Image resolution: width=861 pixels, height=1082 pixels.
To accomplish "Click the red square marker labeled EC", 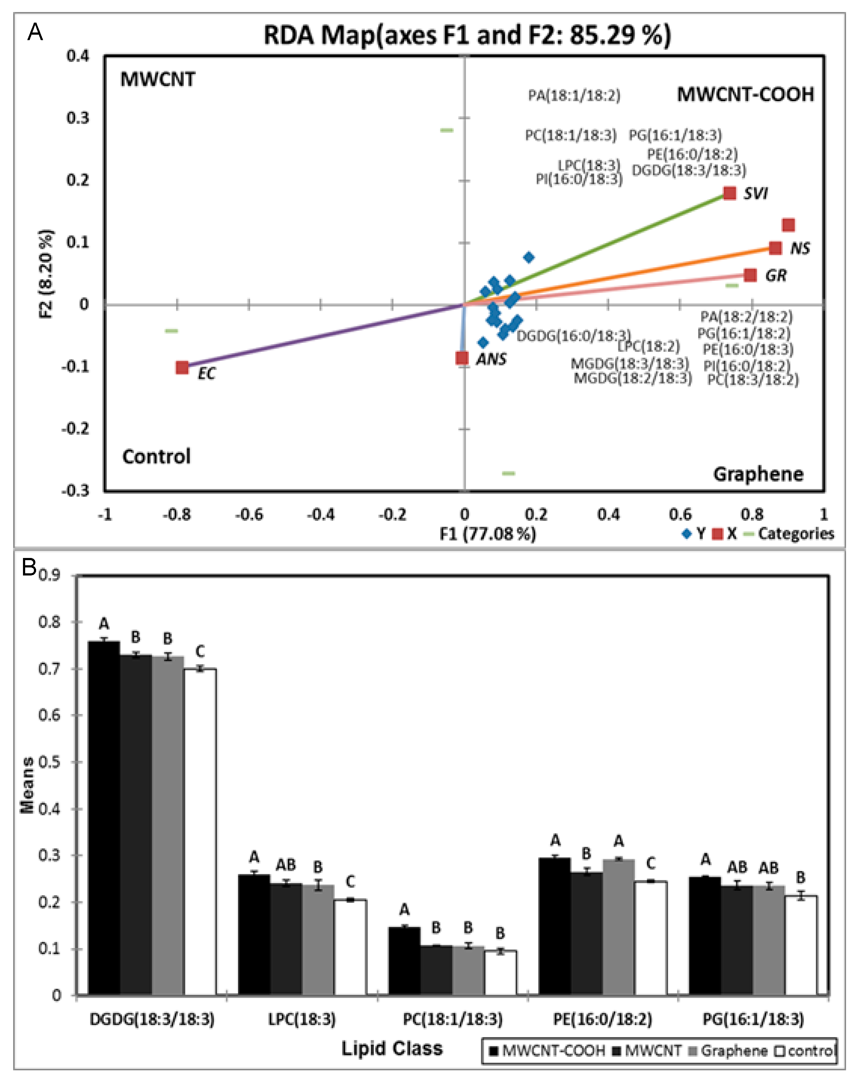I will pyautogui.click(x=182, y=367).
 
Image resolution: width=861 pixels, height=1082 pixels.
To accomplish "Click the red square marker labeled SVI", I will pyautogui.click(x=730, y=193).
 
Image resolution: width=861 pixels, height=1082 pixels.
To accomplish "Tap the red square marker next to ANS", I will pyautogui.click(x=462, y=358).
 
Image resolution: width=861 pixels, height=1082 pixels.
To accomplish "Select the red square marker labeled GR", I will pyautogui.click(x=750, y=275).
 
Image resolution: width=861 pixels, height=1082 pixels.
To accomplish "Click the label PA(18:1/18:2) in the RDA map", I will pyautogui.click(x=574, y=95).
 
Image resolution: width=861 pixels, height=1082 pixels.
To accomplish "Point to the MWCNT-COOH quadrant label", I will pyautogui.click(x=745, y=95).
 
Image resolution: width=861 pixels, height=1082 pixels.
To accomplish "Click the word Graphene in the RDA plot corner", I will pyautogui.click(x=758, y=474).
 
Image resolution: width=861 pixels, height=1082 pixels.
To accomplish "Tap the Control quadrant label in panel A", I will pyautogui.click(x=156, y=456).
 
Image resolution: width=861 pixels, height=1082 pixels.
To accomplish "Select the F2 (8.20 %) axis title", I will pyautogui.click(x=46, y=274).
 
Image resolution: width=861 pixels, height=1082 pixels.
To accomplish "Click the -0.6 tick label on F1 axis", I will pyautogui.click(x=249, y=515).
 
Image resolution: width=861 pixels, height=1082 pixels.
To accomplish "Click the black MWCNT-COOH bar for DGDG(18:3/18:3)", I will pyautogui.click(x=104, y=818).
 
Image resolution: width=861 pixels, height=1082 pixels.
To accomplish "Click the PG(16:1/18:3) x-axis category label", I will pyautogui.click(x=753, y=1019).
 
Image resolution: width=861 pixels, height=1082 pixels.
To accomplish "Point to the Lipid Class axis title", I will pyautogui.click(x=392, y=1048).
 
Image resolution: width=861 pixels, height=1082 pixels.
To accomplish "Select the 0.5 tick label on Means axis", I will pyautogui.click(x=49, y=762).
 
